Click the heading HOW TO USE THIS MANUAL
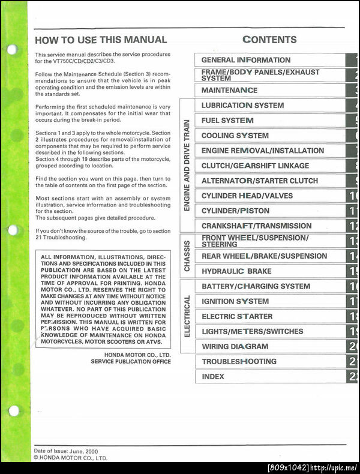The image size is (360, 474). tap(101, 40)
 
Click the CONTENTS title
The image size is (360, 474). tap(269, 40)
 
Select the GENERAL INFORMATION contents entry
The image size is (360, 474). tap(246, 60)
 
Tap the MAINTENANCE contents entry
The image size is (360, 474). tap(229, 90)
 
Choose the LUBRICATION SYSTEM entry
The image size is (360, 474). tap(242, 105)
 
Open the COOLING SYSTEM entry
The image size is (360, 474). tap(235, 136)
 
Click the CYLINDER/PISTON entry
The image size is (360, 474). tap(235, 211)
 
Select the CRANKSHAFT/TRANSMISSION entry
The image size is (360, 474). tap(256, 226)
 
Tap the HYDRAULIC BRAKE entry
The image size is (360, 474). tap(236, 271)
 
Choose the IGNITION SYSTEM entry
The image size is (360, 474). tap(235, 301)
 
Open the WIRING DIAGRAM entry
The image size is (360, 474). tap(235, 346)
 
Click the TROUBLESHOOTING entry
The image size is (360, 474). tap(239, 362)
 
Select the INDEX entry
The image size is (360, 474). tap(213, 377)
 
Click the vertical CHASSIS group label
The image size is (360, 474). tap(187, 256)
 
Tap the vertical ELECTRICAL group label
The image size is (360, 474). tap(187, 316)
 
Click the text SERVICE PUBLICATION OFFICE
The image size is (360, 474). tap(131, 362)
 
